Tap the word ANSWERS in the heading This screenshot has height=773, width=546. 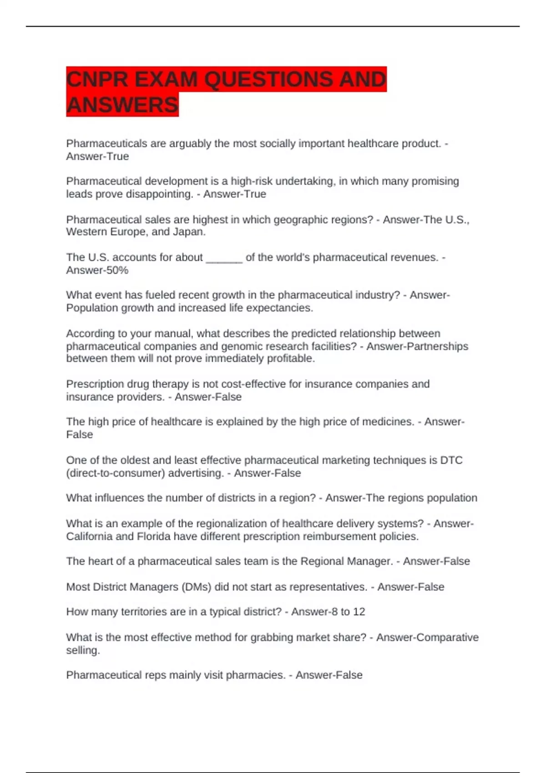(x=122, y=105)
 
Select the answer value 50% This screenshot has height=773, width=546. (x=117, y=270)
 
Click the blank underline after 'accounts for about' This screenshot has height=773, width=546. (x=224, y=258)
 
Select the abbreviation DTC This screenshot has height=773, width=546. (x=451, y=460)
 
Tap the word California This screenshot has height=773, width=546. (x=89, y=537)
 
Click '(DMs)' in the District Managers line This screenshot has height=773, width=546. (x=196, y=587)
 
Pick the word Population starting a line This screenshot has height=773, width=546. (x=92, y=308)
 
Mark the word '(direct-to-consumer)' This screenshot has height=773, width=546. (x=116, y=473)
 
